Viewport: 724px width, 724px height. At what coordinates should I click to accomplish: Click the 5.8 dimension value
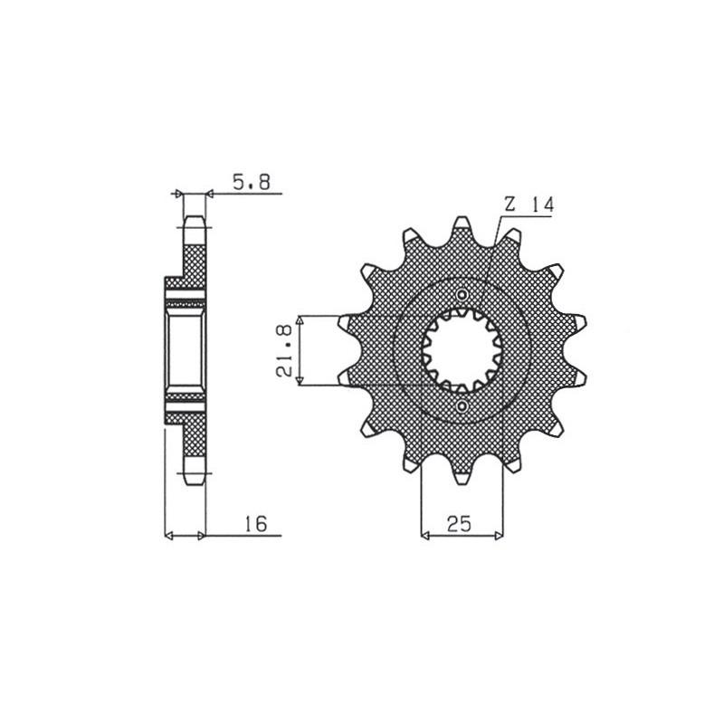tap(251, 183)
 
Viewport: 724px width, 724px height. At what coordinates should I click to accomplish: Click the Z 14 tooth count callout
tap(529, 205)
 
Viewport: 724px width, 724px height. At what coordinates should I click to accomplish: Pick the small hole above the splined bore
tap(462, 296)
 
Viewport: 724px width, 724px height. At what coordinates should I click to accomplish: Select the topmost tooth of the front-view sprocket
tap(462, 224)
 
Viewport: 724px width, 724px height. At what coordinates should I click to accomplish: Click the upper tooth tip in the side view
tap(194, 223)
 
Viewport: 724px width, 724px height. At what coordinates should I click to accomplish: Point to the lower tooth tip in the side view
tap(194, 479)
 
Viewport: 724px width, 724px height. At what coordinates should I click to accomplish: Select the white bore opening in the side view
tap(186, 350)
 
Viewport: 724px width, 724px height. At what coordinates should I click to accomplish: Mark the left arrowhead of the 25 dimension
tap(425, 536)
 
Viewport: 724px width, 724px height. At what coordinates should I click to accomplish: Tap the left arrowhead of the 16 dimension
tap(168, 537)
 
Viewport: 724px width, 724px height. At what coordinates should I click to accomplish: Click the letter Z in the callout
tap(510, 205)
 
